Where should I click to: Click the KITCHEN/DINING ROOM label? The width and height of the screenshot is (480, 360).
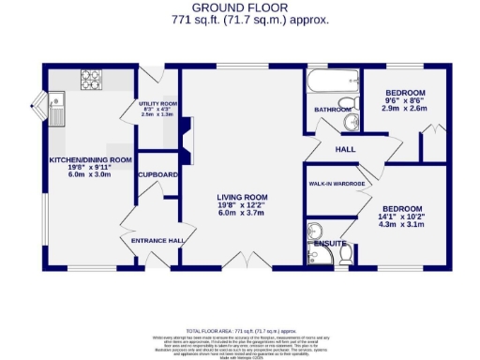click(90, 159)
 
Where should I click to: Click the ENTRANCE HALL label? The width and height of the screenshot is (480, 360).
click(157, 241)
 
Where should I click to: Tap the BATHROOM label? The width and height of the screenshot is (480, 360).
click(331, 110)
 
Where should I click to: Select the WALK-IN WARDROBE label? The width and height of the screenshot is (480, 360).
click(337, 184)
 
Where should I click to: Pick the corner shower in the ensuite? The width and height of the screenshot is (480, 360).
click(315, 230)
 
